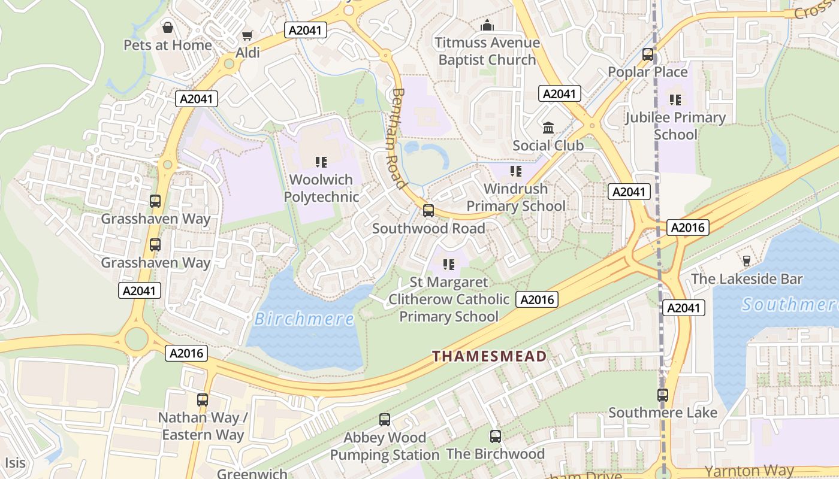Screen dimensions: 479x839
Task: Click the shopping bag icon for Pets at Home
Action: (x=168, y=28)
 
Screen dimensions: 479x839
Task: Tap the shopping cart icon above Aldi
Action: (x=247, y=36)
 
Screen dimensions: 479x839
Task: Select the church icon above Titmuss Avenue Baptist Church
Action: (x=487, y=26)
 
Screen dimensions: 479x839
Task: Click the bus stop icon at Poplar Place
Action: (x=648, y=54)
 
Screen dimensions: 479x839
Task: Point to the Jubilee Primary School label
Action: (x=675, y=126)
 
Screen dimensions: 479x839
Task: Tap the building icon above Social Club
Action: (x=548, y=128)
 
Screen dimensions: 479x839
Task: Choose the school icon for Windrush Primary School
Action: (x=516, y=172)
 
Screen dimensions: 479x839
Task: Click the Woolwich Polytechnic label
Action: (x=321, y=188)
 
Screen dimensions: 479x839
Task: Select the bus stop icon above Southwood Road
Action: (x=428, y=211)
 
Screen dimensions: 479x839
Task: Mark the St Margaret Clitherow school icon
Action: (x=448, y=264)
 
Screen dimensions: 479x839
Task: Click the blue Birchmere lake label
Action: (x=304, y=319)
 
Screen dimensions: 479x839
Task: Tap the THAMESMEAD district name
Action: (x=490, y=357)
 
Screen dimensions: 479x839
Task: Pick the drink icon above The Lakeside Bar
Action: (x=746, y=261)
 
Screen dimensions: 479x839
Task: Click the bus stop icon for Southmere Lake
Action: (x=662, y=395)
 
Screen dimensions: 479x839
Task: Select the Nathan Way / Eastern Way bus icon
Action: (x=203, y=400)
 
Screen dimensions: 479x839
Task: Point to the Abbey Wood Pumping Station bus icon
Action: (x=385, y=420)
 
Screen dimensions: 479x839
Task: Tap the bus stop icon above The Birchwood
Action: (x=495, y=436)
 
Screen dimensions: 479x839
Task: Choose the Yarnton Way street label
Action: (x=749, y=471)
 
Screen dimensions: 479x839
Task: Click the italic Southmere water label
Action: (x=790, y=305)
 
